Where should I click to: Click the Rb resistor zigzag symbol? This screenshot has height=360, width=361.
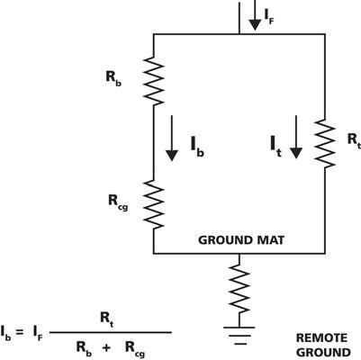tap(154, 81)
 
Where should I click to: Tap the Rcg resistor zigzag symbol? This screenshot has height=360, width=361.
tap(154, 204)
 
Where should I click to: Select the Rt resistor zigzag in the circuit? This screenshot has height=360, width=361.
tap(325, 143)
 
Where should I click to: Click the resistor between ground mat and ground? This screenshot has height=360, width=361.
tap(239, 289)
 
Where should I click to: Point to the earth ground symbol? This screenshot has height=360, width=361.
tap(239, 336)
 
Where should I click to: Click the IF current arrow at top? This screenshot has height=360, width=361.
tap(255, 15)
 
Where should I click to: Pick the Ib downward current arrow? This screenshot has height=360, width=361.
tap(172, 138)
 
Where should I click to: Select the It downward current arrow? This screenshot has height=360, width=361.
tap(296, 137)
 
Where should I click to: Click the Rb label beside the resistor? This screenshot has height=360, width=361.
tap(113, 78)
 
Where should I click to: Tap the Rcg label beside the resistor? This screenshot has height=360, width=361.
tap(118, 202)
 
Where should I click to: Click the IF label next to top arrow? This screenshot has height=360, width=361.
tap(269, 16)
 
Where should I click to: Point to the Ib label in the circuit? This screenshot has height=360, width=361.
tap(197, 147)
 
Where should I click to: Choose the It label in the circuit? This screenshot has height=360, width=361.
tap(276, 147)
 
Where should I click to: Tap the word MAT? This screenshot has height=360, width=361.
tap(270, 240)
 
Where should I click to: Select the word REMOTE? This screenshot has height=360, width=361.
tap(321, 338)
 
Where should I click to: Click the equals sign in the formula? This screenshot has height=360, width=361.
tap(20, 332)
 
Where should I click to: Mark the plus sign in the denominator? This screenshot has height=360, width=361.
tap(106, 348)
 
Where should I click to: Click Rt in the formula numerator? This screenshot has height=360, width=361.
tap(107, 319)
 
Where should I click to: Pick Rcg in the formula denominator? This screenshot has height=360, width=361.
tap(135, 348)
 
